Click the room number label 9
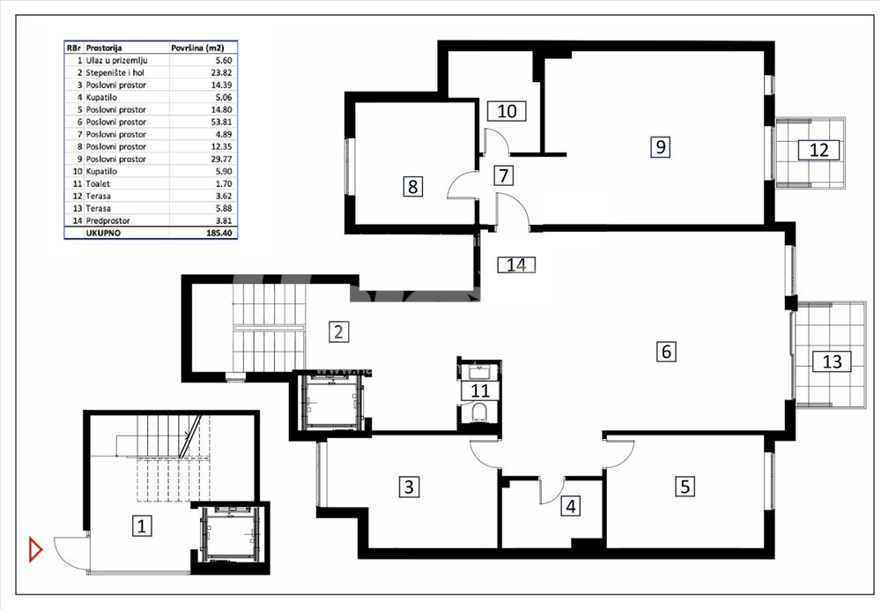(661, 146)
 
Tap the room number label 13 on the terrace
(832, 361)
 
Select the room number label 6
(666, 352)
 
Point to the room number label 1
(142, 526)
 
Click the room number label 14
(516, 264)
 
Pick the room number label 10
(507, 111)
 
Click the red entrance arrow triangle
(35, 548)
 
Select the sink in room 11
(480, 371)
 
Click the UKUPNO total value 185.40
(221, 233)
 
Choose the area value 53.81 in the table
(221, 122)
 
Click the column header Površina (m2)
(197, 48)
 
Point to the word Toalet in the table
(98, 184)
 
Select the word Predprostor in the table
(107, 221)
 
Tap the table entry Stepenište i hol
(115, 72)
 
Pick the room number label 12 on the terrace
(818, 150)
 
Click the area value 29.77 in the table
(221, 159)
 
